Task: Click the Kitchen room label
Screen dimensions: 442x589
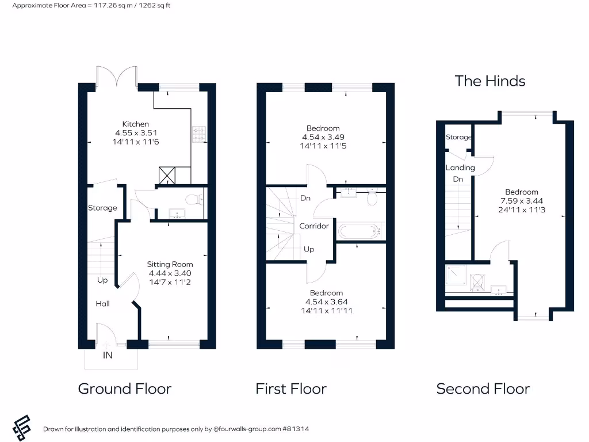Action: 136,124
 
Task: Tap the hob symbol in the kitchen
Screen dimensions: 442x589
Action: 199,134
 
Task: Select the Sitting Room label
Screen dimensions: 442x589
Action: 170,264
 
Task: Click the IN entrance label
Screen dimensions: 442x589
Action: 108,355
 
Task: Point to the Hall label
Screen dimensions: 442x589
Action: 102,303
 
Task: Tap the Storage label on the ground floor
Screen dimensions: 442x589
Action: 102,208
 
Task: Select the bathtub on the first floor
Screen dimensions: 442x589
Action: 360,231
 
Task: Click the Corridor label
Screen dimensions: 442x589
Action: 314,226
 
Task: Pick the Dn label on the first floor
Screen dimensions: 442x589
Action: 305,198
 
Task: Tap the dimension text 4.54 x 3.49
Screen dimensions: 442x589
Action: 323,137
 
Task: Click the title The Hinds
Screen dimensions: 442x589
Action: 490,81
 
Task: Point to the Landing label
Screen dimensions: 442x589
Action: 460,167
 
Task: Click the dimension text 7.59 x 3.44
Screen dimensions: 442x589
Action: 522,201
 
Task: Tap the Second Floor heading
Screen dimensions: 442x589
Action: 483,389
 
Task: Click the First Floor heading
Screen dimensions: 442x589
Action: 291,389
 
